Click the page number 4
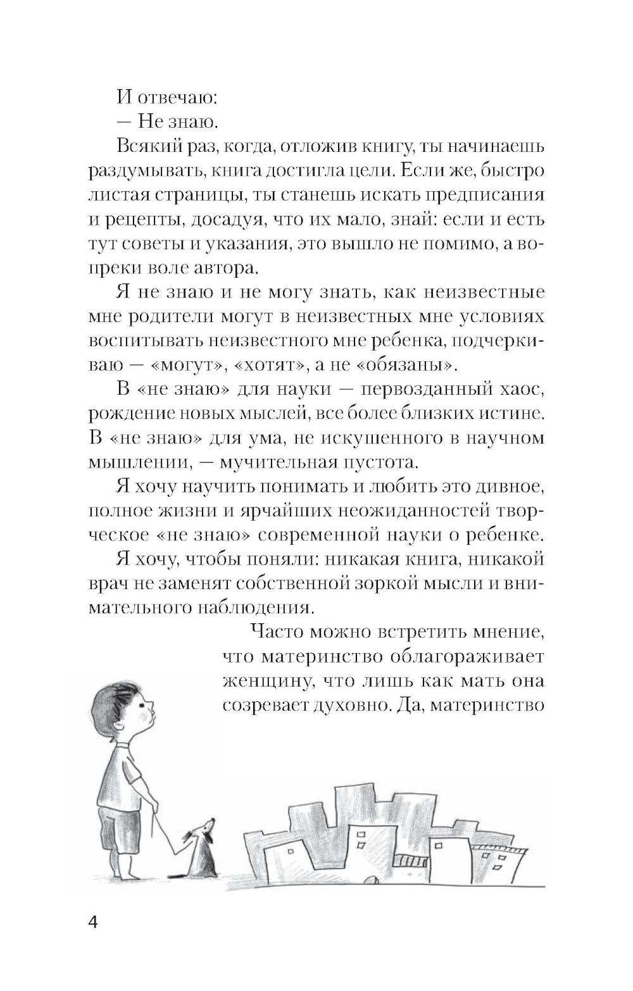pyautogui.click(x=92, y=920)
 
